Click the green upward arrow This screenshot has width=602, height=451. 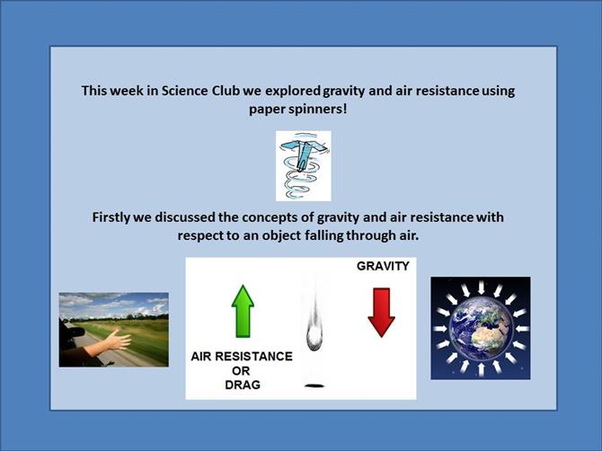tap(243, 311)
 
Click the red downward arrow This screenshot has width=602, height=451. tap(381, 313)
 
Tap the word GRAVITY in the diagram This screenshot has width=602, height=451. tap(383, 266)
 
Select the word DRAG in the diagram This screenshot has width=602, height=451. tap(243, 385)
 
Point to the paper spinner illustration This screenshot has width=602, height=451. tap(304, 166)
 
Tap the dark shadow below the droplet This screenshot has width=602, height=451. tap(314, 385)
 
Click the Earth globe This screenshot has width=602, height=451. tap(481, 329)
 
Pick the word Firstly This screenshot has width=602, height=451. tap(111, 217)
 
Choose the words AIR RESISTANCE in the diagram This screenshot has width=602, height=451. tap(242, 356)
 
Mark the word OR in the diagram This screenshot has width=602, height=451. tap(241, 371)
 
